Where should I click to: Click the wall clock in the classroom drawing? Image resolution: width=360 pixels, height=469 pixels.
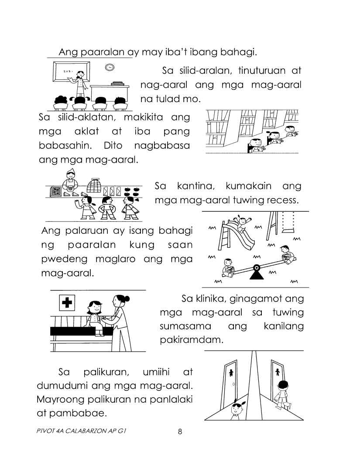(x=109, y=67)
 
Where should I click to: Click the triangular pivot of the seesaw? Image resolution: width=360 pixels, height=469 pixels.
(x=256, y=273)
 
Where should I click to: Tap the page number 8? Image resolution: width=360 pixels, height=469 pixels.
(x=180, y=431)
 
